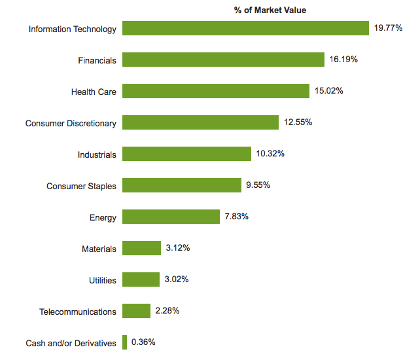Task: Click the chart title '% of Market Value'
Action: tap(270, 10)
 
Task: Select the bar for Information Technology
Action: tap(245, 29)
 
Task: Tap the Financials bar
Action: tap(223, 60)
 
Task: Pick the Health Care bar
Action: tap(216, 92)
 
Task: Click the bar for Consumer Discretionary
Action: tap(200, 123)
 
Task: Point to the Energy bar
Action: tap(171, 217)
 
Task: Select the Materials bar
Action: tap(141, 249)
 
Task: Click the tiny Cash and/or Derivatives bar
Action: tap(124, 342)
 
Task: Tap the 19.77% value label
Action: tap(388, 29)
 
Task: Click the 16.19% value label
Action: tap(343, 60)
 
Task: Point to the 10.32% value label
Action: tap(270, 154)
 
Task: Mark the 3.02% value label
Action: tap(177, 280)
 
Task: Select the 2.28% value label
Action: tap(167, 312)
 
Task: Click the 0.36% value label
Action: tap(144, 342)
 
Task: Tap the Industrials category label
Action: tap(97, 155)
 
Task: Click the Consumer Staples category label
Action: tap(81, 187)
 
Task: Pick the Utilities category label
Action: tap(103, 281)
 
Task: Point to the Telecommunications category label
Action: tap(78, 312)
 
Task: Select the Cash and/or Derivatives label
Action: tap(71, 343)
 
